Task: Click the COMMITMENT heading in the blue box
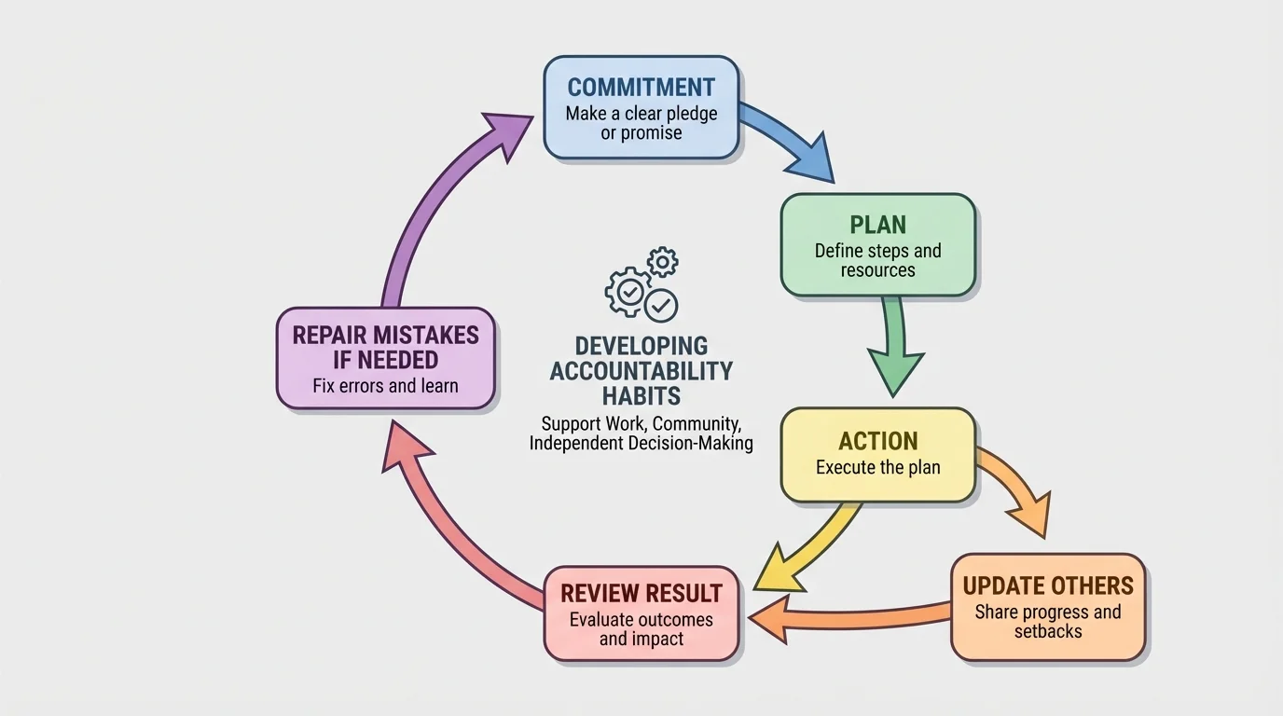(x=641, y=88)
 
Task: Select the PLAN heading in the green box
(x=877, y=225)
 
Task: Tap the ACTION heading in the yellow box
(x=877, y=441)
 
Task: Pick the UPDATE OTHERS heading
(x=1048, y=586)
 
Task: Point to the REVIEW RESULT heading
(x=641, y=593)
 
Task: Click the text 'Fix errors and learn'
(x=385, y=386)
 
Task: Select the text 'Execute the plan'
(x=877, y=468)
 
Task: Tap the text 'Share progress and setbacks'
(x=1048, y=622)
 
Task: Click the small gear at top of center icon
(x=662, y=262)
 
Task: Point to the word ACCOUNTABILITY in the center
(x=641, y=371)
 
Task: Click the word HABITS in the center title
(x=641, y=395)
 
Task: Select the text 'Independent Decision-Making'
(x=641, y=444)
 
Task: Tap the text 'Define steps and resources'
(x=877, y=260)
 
